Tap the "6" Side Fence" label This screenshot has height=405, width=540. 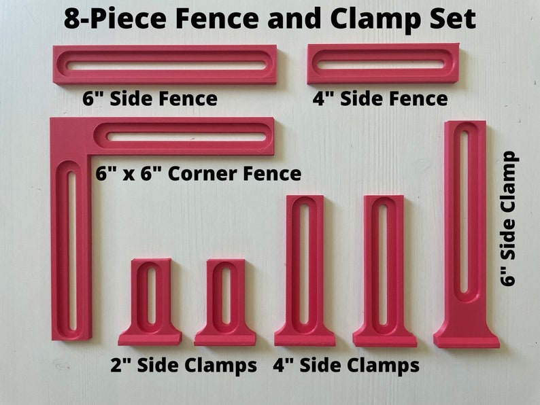150,99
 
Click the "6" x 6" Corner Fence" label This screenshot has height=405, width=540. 198,174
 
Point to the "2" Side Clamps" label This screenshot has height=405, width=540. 184,366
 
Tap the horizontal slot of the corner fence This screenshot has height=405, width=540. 186,137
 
